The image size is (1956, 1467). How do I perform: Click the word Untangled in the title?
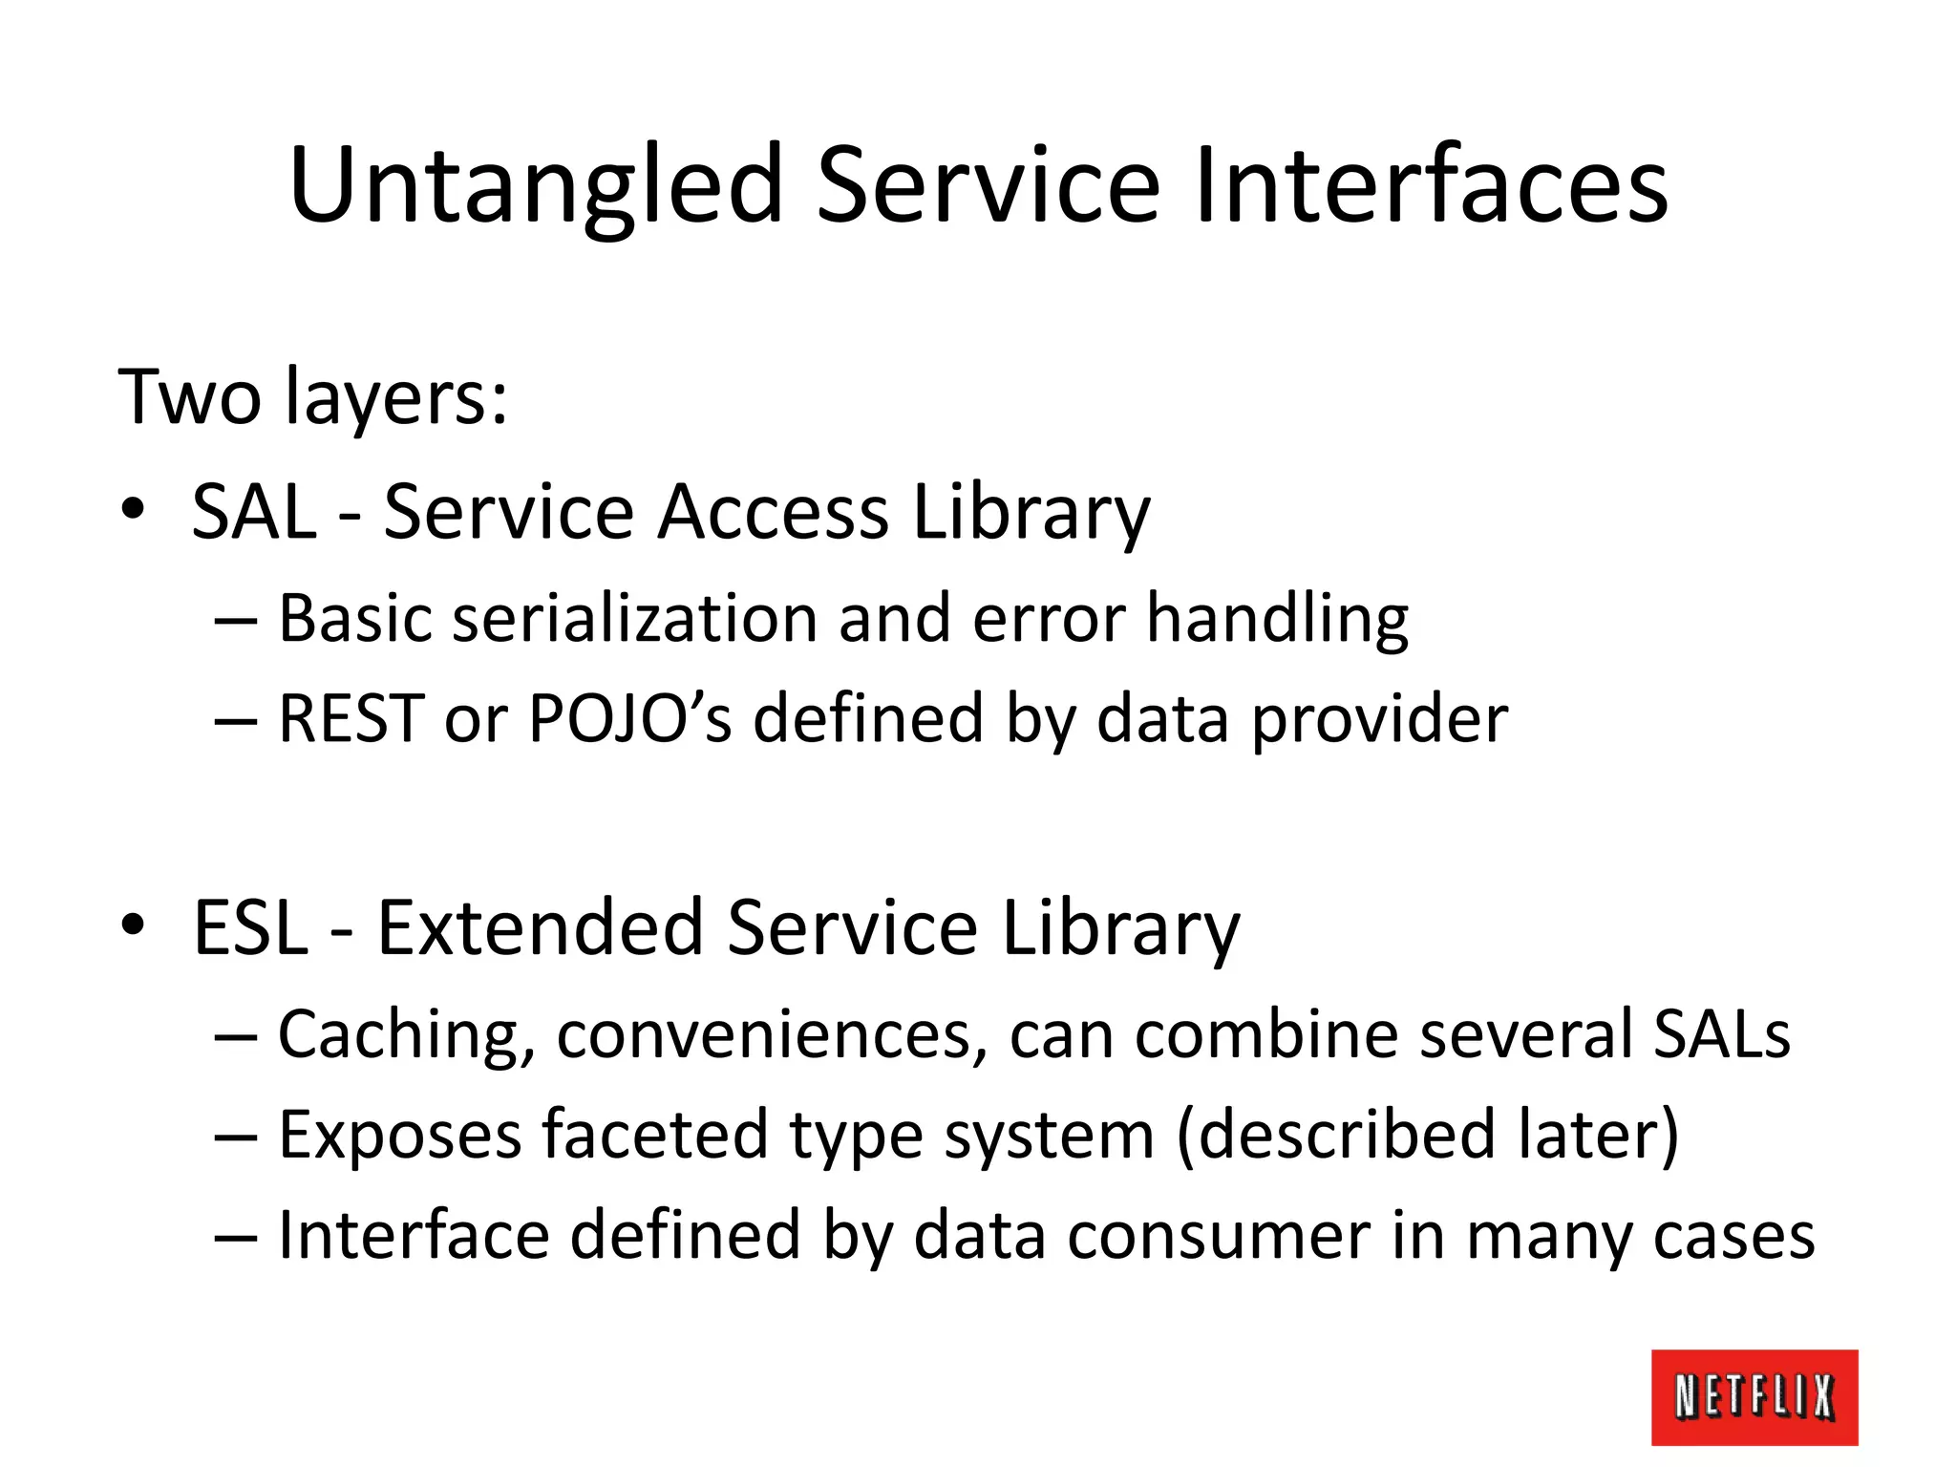tap(536, 186)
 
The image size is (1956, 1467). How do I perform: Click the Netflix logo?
tap(1754, 1396)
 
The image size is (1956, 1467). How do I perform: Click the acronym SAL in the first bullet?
tap(253, 513)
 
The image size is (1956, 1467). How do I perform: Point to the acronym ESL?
tap(250, 928)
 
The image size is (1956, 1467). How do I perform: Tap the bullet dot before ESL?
tap(133, 925)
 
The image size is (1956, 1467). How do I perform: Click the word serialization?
tap(635, 619)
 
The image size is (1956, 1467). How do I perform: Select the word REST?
tap(351, 719)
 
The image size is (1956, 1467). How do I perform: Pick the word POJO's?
tap(629, 719)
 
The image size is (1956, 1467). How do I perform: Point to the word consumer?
tap(1218, 1237)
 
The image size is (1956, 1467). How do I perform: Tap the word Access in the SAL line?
tap(772, 513)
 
